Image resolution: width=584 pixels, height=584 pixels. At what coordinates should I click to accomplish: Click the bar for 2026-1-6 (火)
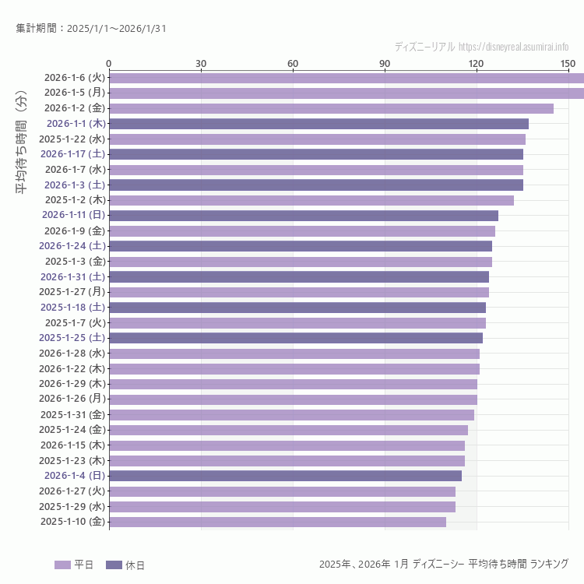point(347,78)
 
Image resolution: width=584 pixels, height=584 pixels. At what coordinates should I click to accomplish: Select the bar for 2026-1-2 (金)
point(331,108)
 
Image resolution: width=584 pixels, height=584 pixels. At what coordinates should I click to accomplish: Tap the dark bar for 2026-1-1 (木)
point(318,124)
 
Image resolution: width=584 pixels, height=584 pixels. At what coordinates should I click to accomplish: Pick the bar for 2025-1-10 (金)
point(277,522)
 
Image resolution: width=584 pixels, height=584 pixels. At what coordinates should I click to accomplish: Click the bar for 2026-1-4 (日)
point(285,476)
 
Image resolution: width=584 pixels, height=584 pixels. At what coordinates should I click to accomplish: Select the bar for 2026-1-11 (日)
point(304,216)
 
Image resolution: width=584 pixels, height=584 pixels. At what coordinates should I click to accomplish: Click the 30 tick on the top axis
point(201,63)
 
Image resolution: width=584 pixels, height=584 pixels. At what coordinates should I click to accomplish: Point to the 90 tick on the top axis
point(385,63)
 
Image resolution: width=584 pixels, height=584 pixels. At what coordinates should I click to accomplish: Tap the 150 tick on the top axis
point(568,63)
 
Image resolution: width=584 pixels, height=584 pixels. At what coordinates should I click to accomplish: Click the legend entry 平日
point(74,565)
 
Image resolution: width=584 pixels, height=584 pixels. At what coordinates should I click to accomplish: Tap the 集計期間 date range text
point(90,29)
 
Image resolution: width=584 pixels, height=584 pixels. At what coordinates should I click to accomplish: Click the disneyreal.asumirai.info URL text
point(513,47)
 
